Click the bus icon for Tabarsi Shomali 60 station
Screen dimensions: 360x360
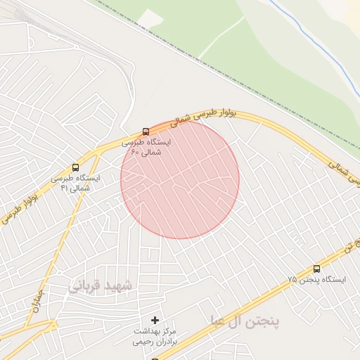click(146, 131)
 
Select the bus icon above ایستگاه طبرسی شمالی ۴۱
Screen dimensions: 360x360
click(75, 168)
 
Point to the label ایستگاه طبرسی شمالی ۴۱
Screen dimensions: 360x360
click(76, 183)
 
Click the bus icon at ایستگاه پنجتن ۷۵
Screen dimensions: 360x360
click(316, 269)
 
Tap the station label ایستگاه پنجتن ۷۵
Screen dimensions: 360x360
click(316, 280)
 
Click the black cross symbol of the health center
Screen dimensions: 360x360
click(155, 320)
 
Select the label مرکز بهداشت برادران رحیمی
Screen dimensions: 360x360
click(156, 335)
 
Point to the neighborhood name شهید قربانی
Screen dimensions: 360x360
click(101, 286)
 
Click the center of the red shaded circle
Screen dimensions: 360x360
click(180, 179)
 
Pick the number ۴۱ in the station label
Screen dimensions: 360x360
click(65, 188)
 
